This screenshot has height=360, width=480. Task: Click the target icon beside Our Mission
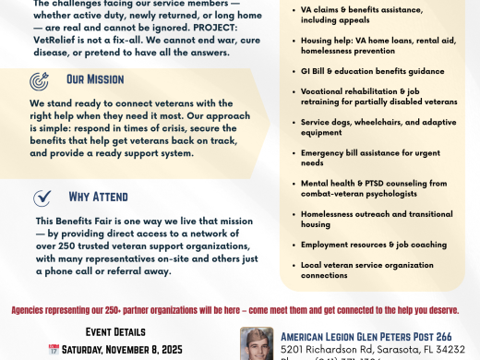pos(40,80)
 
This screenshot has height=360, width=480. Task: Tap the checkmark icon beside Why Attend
pos(42,198)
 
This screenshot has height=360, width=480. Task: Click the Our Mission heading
pos(96,80)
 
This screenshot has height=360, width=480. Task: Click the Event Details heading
pos(114,331)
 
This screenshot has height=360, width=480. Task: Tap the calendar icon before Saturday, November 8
pos(54,350)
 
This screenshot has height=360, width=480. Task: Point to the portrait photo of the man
pos(257,343)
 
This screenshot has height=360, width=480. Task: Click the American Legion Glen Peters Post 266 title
pos(366,337)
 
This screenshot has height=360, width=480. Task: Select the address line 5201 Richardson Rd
pos(372,351)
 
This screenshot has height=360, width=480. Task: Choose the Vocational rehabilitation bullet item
pos(378,96)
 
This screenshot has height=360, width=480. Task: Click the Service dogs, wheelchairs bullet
pos(378,126)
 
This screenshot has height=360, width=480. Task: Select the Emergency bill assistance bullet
pos(369,157)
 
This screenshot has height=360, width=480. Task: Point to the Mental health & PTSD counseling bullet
pos(374,187)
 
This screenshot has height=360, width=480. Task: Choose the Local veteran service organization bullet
pos(366,269)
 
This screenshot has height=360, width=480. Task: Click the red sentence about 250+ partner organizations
pos(240,310)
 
